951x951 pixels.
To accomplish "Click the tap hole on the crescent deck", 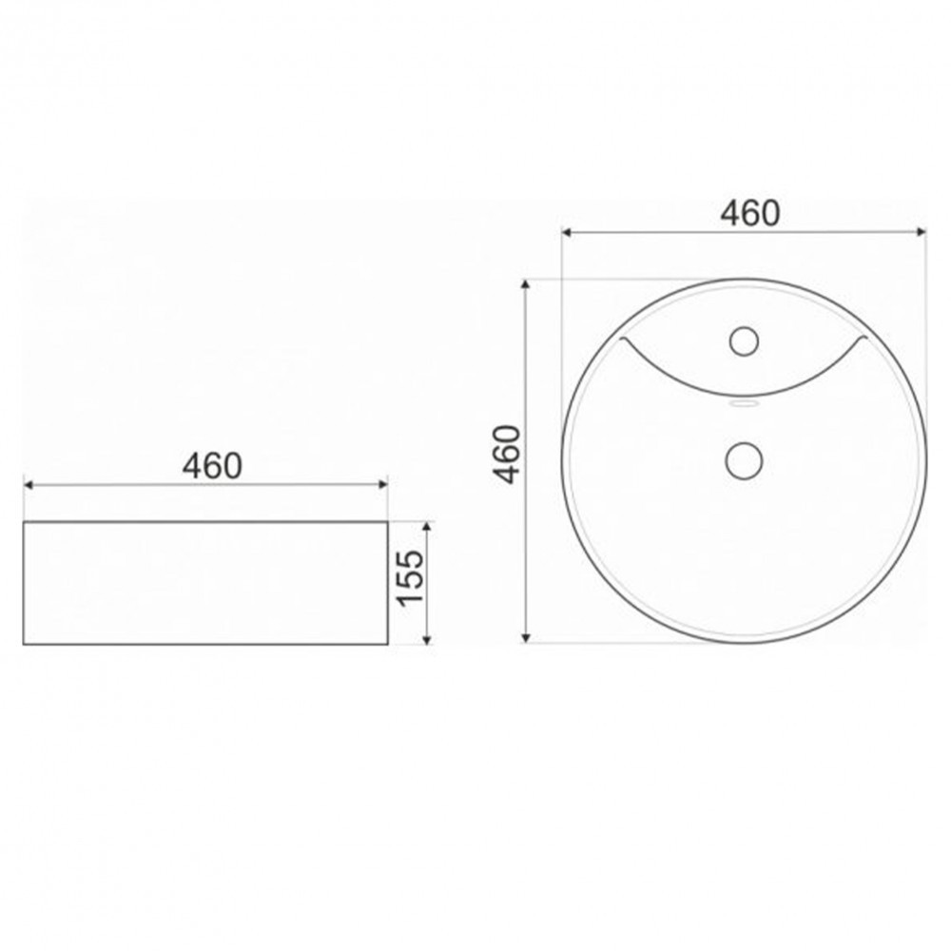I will coord(744,339).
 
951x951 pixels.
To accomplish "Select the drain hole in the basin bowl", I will coord(744,460).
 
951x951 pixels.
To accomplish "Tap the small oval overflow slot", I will coord(744,404).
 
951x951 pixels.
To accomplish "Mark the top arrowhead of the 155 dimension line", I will coord(428,524).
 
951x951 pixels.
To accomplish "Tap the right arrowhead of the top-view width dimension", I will coord(922,231).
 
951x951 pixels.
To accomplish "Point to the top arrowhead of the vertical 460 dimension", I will coord(526,283).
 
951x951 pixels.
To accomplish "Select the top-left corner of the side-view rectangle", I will coord(24,521).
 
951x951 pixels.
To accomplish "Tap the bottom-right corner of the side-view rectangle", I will coord(387,645).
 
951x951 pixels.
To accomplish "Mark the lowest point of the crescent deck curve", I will coord(744,396).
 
